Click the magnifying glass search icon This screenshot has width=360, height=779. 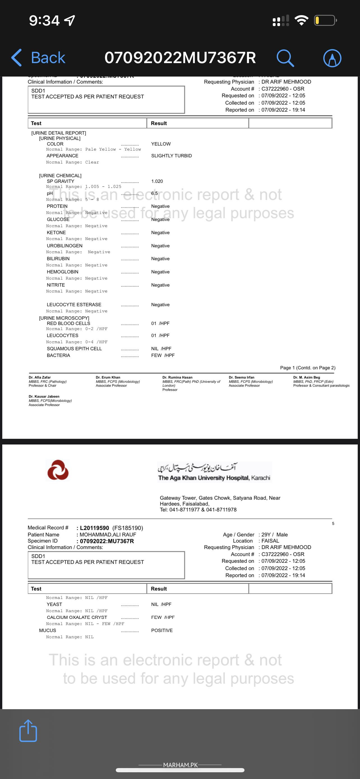tap(285, 58)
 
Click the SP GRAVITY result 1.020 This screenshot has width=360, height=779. tap(157, 181)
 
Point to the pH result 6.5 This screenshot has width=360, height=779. tap(154, 193)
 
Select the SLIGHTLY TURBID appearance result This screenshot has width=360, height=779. tap(171, 156)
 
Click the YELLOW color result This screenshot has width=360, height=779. tap(161, 144)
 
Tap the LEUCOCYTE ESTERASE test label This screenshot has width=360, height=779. tap(74, 305)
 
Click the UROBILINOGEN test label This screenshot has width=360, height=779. tap(64, 246)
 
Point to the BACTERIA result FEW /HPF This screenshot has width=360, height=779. tap(163, 355)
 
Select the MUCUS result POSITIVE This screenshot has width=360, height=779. tap(162, 630)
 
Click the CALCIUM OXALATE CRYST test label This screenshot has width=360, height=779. tap(77, 617)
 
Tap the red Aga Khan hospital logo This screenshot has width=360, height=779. tap(58, 470)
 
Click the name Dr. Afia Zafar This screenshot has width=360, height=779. tap(40, 377)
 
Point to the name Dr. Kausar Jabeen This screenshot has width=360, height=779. tap(44, 397)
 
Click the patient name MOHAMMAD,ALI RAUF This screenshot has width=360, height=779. tap(108, 535)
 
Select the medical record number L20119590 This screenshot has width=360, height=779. tap(94, 528)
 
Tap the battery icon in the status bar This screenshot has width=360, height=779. tap(325, 20)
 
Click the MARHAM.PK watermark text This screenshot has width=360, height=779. tap(180, 765)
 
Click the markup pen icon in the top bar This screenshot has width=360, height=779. tap(332, 58)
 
